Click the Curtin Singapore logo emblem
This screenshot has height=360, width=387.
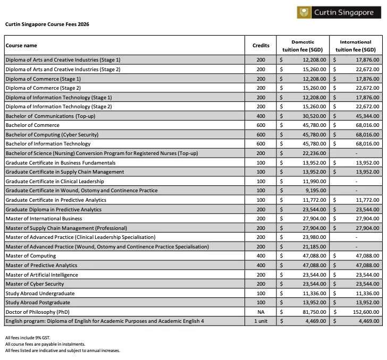tap(304, 13)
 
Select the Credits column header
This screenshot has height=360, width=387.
tap(260, 46)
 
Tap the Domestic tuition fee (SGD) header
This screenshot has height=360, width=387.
tap(303, 46)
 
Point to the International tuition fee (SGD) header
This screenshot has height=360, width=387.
tap(356, 46)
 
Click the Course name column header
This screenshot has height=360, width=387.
tap(21, 46)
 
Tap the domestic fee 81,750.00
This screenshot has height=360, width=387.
tap(314, 312)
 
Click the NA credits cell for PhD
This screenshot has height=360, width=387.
tap(260, 312)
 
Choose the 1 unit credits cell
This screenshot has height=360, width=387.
tap(260, 321)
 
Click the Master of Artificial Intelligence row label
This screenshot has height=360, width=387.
tap(41, 275)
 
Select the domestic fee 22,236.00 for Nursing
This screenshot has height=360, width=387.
tap(314, 153)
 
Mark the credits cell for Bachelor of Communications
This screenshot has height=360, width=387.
tap(260, 116)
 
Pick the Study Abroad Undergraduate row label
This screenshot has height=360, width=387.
tap(40, 293)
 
